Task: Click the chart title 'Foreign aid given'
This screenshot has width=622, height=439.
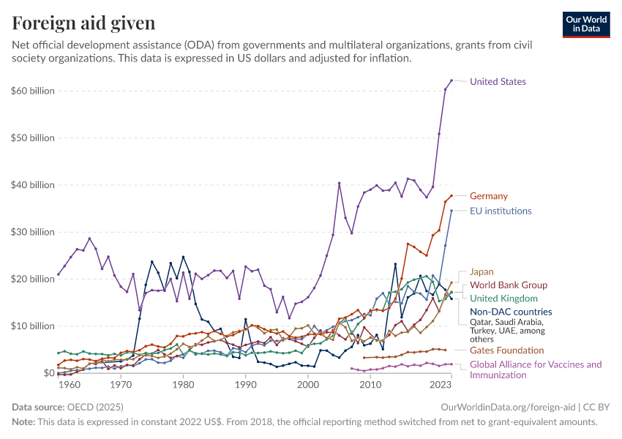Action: (x=83, y=23)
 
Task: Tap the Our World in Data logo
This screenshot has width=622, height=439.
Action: (x=585, y=23)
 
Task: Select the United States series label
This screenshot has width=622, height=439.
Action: (x=498, y=81)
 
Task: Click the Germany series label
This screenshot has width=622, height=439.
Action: (x=488, y=196)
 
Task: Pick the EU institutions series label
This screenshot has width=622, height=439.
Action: (x=501, y=211)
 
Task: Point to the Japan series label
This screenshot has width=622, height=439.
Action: (x=482, y=271)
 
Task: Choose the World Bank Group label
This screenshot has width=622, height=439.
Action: (x=508, y=285)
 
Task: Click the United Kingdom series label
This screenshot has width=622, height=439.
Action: (x=503, y=298)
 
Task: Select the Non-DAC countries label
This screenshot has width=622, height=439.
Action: (x=511, y=311)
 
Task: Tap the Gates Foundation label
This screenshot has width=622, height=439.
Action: (x=506, y=350)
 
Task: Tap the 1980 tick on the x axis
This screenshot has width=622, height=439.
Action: (x=183, y=384)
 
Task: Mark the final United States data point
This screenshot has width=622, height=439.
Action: (x=451, y=80)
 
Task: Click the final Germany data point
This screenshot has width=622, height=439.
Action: (x=451, y=195)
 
